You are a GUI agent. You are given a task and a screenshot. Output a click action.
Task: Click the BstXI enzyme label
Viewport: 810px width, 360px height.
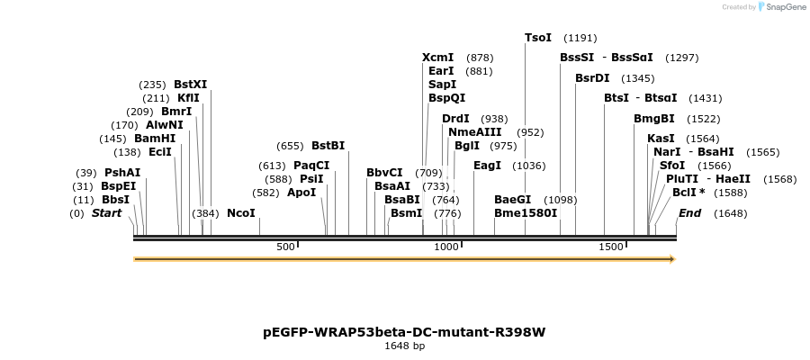190,85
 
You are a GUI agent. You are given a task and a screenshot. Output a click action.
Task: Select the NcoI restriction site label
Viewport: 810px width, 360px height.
241,213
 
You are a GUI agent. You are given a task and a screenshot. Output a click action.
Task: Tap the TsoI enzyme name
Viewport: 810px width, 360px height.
538,38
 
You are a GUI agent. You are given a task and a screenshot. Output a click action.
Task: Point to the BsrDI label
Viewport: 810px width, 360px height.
592,78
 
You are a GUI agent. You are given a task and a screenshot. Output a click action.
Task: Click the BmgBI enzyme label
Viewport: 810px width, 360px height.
653,119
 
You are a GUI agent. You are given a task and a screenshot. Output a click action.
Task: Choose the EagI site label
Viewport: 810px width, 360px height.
487,166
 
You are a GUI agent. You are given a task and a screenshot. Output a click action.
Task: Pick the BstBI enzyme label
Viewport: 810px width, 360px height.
328,145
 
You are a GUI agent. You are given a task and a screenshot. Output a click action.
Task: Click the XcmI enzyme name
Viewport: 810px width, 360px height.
437,58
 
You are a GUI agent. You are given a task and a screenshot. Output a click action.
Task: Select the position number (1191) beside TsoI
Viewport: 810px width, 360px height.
580,39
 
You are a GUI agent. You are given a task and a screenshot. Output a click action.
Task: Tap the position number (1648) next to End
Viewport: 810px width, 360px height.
730,214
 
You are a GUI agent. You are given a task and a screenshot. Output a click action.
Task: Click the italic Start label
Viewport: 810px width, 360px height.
106,213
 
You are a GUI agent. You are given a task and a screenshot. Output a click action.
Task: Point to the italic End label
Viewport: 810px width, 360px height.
689,213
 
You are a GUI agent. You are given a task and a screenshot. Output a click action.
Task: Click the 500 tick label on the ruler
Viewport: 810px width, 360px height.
285,247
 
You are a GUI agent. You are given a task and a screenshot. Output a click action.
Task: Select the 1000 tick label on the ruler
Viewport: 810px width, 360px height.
446,247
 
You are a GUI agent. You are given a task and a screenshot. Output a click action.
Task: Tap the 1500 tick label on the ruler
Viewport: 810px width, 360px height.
611,247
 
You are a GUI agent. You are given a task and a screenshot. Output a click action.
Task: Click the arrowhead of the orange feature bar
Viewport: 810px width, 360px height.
671,259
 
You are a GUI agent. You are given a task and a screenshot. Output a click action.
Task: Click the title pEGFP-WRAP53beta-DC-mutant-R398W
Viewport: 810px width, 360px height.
404,332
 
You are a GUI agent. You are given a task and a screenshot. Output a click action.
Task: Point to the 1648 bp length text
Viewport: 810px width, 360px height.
404,346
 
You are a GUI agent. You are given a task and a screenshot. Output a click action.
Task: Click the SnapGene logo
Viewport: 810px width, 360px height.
781,7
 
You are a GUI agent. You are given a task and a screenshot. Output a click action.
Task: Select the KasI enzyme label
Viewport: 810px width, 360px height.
661,139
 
